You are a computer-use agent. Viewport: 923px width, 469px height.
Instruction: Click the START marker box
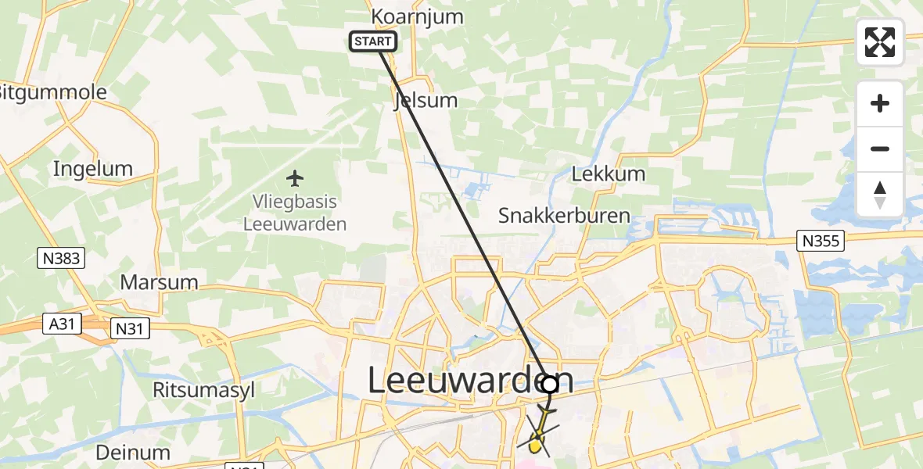tap(373, 41)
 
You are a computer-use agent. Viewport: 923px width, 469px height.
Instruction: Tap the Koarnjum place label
tap(417, 16)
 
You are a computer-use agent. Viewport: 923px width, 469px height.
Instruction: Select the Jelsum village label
tap(426, 100)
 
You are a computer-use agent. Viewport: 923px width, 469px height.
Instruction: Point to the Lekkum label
tap(609, 174)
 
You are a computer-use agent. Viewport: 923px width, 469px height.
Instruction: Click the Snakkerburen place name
tap(564, 216)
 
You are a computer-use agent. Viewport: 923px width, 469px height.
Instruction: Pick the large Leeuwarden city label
tap(469, 381)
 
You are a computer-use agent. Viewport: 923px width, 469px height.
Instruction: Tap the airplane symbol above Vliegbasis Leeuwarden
tap(295, 179)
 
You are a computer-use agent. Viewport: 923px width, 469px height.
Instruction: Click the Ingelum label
tap(92, 168)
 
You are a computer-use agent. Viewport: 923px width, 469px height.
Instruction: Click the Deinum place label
tap(133, 452)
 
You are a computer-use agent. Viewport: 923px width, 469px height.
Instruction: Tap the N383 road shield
tap(60, 258)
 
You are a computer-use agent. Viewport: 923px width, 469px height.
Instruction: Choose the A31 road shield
tap(61, 324)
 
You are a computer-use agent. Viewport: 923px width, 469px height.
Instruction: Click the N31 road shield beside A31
tap(127, 329)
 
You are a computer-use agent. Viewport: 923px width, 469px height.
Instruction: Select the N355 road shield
tap(821, 242)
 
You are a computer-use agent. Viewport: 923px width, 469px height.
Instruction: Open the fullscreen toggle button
tap(880, 42)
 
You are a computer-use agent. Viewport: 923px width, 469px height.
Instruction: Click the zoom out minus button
tap(880, 149)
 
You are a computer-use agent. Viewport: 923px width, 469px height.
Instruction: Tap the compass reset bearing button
tap(880, 194)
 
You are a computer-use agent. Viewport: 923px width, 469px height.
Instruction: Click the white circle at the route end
tap(550, 384)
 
